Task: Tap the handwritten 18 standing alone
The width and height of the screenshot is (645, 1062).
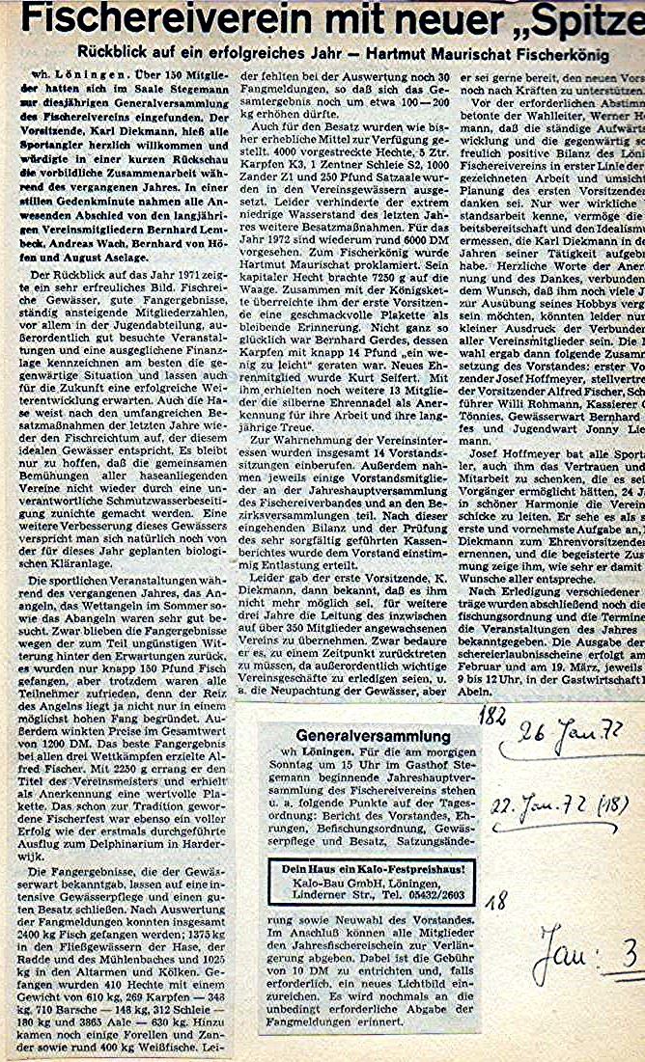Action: point(496,902)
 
